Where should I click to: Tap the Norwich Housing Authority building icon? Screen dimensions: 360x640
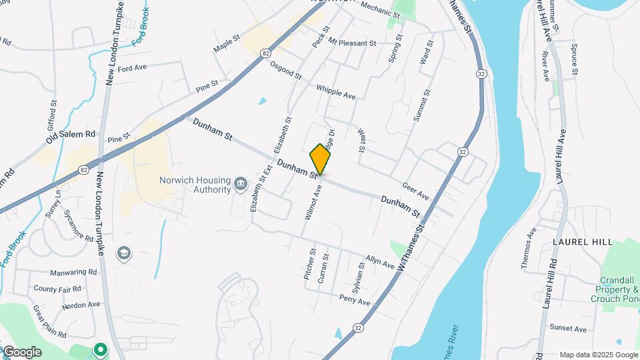pyautogui.click(x=241, y=183)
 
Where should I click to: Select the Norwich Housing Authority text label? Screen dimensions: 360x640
pyautogui.click(x=195, y=184)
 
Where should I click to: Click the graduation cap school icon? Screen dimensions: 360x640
pyautogui.click(x=123, y=253)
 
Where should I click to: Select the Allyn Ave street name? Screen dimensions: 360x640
pyautogui.click(x=380, y=261)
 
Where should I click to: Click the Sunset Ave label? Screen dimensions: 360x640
pyautogui.click(x=568, y=329)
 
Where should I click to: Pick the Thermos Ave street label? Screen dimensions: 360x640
pyautogui.click(x=529, y=248)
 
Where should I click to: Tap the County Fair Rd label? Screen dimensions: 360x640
pyautogui.click(x=57, y=289)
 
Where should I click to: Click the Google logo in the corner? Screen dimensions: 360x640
pyautogui.click(x=21, y=351)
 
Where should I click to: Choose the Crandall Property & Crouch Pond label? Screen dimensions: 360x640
pyautogui.click(x=615, y=289)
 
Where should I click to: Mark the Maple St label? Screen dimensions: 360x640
pyautogui.click(x=227, y=45)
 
